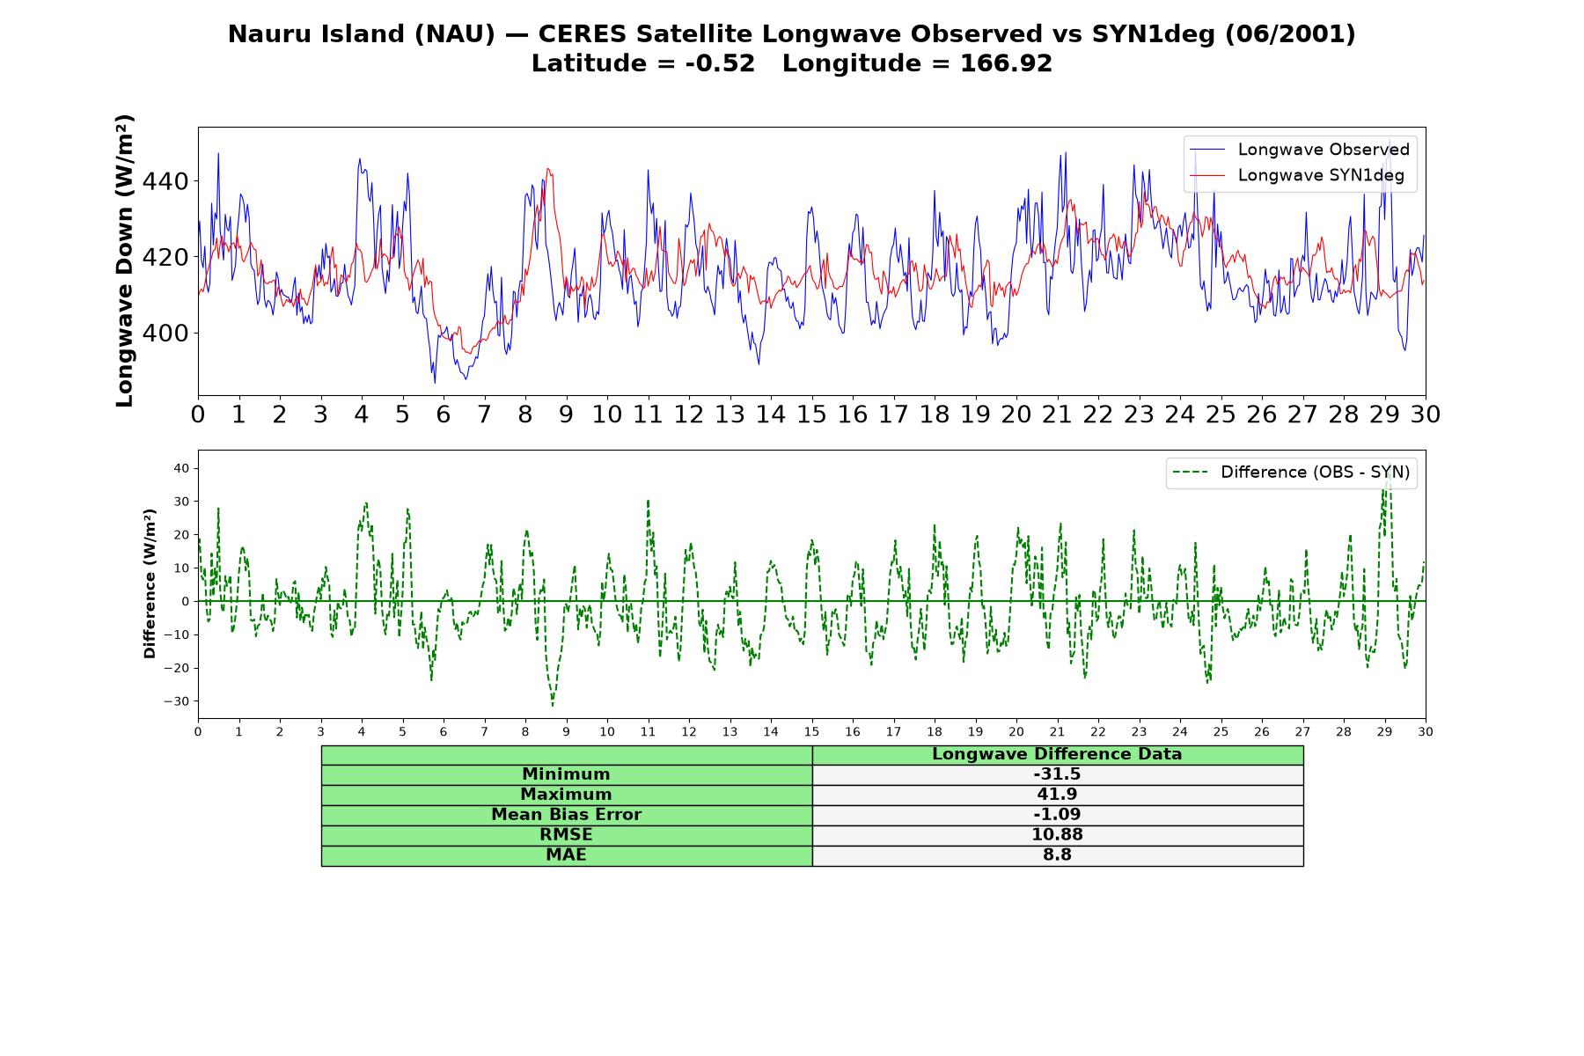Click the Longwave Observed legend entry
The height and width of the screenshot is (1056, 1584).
click(1300, 150)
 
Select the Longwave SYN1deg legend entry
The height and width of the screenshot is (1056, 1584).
click(1297, 175)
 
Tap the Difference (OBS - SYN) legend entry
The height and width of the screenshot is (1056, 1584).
click(1292, 473)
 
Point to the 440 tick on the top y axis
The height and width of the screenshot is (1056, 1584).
click(165, 181)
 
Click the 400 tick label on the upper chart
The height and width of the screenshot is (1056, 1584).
click(165, 334)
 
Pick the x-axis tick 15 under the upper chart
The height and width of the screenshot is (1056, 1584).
click(811, 414)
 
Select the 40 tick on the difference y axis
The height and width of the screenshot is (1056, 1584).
click(181, 468)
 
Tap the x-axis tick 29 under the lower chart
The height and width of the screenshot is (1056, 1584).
click(1384, 731)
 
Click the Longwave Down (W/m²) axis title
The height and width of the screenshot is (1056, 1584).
click(125, 260)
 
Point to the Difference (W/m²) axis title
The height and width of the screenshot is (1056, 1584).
click(150, 583)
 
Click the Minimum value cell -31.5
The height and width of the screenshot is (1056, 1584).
click(1057, 774)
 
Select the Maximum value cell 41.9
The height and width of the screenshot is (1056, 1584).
click(1057, 795)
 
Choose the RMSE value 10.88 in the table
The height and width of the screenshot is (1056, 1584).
click(1057, 834)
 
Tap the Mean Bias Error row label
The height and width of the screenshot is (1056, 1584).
click(566, 815)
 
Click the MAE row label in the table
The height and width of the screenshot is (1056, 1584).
click(566, 854)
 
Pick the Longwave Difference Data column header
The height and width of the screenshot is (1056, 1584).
click(1057, 754)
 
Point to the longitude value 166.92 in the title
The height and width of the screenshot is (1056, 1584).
click(1006, 63)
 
